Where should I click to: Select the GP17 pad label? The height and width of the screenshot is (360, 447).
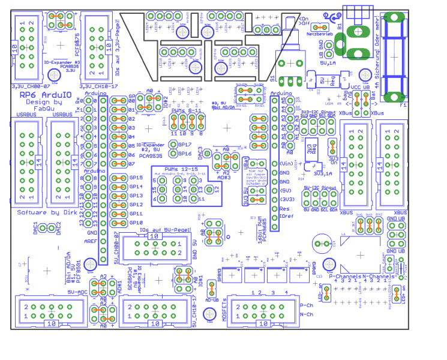point(185,145)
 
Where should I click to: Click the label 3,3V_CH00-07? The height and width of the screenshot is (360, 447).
point(27,86)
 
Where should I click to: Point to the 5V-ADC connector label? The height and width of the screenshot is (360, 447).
point(78,292)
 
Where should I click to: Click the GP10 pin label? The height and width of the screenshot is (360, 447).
point(136,223)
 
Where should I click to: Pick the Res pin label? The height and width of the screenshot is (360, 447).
point(284,208)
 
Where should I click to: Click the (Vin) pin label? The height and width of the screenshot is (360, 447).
point(286,163)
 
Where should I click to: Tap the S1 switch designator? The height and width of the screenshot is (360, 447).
point(272,79)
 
